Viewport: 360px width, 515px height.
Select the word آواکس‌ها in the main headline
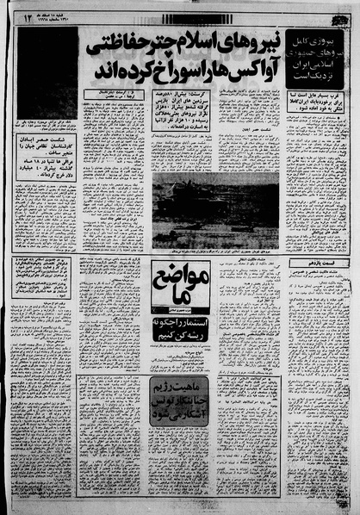(x=228, y=65)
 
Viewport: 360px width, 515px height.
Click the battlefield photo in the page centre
(x=215, y=210)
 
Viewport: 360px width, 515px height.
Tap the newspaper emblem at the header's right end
(x=339, y=16)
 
